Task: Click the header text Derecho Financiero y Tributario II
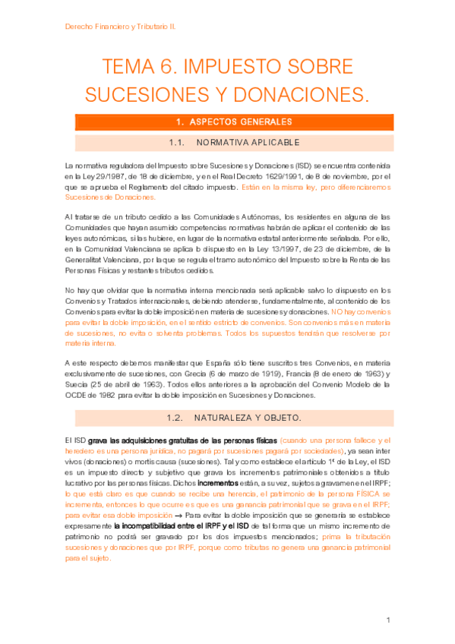click(120, 26)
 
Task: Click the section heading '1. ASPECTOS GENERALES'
click(228, 122)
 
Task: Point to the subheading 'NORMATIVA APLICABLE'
click(248, 142)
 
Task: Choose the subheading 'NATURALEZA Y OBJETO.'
click(248, 418)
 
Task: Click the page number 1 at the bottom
click(387, 620)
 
